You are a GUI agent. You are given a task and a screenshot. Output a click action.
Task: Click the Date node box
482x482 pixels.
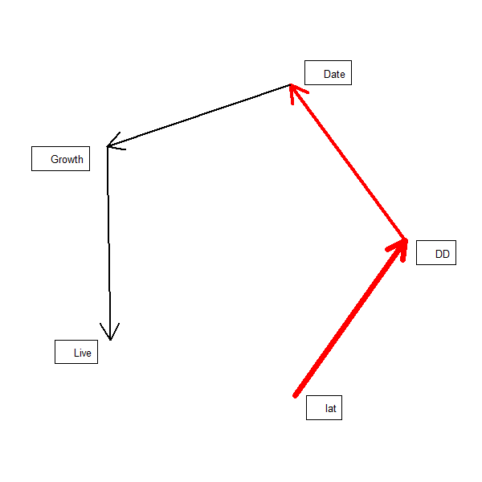(328, 72)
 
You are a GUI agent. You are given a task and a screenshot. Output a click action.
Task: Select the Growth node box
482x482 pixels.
(60, 158)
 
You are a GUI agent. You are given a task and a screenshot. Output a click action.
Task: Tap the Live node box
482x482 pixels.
(76, 352)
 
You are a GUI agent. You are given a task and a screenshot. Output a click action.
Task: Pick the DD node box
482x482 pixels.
(435, 253)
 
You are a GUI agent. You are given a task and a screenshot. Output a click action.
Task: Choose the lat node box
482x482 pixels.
(324, 408)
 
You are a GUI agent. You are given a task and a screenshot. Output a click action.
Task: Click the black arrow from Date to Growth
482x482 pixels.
(199, 116)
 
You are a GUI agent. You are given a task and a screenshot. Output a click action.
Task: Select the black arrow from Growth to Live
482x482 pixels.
(108, 241)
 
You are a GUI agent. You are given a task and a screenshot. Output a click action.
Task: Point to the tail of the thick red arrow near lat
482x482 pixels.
(296, 394)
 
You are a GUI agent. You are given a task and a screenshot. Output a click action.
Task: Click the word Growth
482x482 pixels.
(67, 159)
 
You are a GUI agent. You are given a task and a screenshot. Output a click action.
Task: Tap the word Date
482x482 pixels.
(334, 75)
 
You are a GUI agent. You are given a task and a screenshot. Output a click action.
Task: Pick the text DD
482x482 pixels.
(442, 255)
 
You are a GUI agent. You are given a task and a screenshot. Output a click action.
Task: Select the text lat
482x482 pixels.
(330, 409)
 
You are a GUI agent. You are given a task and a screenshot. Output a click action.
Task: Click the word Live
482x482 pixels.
(82, 353)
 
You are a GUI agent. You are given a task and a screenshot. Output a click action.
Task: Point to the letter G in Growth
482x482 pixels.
(55, 159)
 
